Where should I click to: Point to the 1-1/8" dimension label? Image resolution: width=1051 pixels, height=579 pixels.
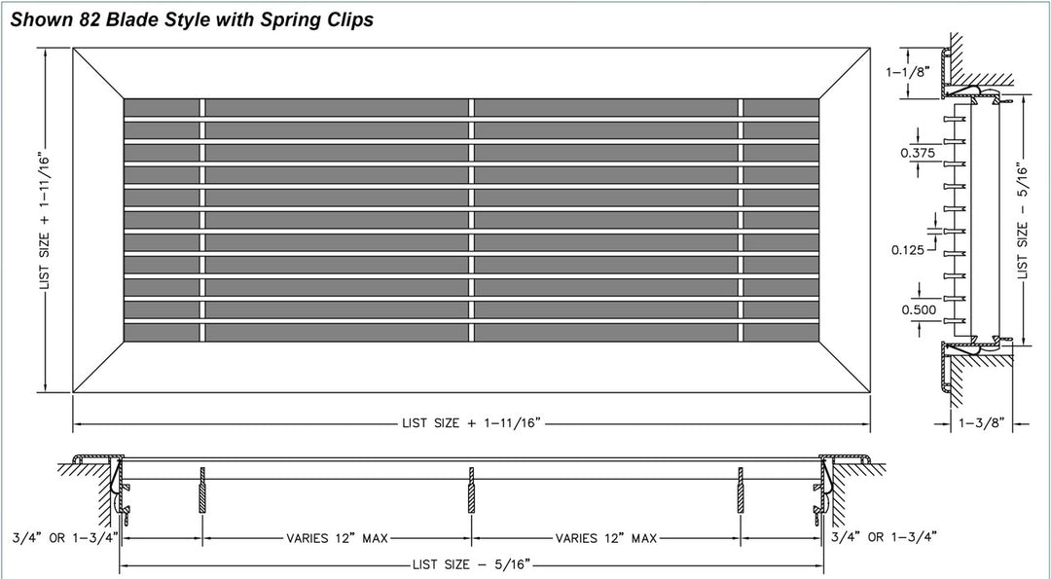(x=908, y=71)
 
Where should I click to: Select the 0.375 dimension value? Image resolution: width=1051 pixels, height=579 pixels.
(x=918, y=153)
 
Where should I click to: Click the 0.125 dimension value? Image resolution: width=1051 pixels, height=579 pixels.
(x=908, y=250)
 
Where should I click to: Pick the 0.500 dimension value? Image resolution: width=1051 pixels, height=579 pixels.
(x=919, y=309)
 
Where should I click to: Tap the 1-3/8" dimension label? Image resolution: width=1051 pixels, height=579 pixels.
(x=981, y=423)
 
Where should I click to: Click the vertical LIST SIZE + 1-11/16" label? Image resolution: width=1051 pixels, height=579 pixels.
(x=45, y=219)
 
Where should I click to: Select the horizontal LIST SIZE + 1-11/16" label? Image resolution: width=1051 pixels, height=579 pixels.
(x=471, y=423)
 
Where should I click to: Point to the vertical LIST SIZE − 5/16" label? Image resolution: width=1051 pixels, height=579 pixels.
(x=1022, y=220)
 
